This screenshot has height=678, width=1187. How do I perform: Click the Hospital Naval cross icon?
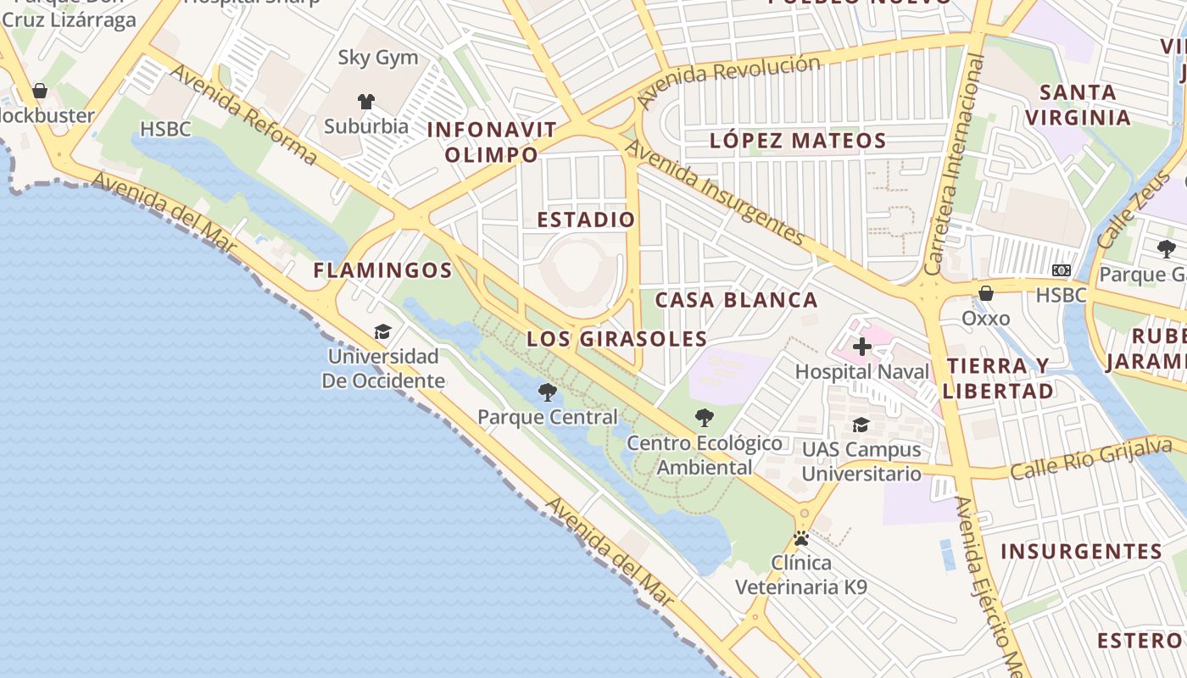pyautogui.click(x=862, y=347)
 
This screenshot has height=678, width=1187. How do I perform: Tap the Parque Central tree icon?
pyautogui.click(x=548, y=392)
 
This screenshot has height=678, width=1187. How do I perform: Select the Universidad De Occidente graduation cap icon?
pyautogui.click(x=383, y=331)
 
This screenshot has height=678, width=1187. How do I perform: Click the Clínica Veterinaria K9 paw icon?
pyautogui.click(x=801, y=538)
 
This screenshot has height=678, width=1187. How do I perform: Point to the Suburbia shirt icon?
pyautogui.click(x=366, y=102)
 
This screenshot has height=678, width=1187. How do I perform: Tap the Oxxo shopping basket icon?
pyautogui.click(x=986, y=293)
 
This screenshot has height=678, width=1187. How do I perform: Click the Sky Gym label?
pyautogui.click(x=378, y=58)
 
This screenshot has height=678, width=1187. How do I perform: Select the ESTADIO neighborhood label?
pyautogui.click(x=586, y=220)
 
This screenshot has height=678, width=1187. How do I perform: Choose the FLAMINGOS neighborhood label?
pyautogui.click(x=382, y=270)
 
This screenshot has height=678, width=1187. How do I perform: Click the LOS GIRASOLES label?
pyautogui.click(x=617, y=339)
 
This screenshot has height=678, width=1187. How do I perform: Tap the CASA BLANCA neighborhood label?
pyautogui.click(x=736, y=300)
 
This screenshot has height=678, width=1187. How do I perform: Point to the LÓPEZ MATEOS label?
pyautogui.click(x=798, y=141)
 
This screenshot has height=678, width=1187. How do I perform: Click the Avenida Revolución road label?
pyautogui.click(x=729, y=81)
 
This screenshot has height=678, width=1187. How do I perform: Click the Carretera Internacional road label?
pyautogui.click(x=956, y=164)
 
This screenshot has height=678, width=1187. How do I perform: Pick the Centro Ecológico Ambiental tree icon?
pyautogui.click(x=704, y=418)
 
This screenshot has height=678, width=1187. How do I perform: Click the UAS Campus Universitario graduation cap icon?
pyautogui.click(x=861, y=425)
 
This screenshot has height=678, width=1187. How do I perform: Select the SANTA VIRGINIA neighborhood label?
pyautogui.click(x=1078, y=104)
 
